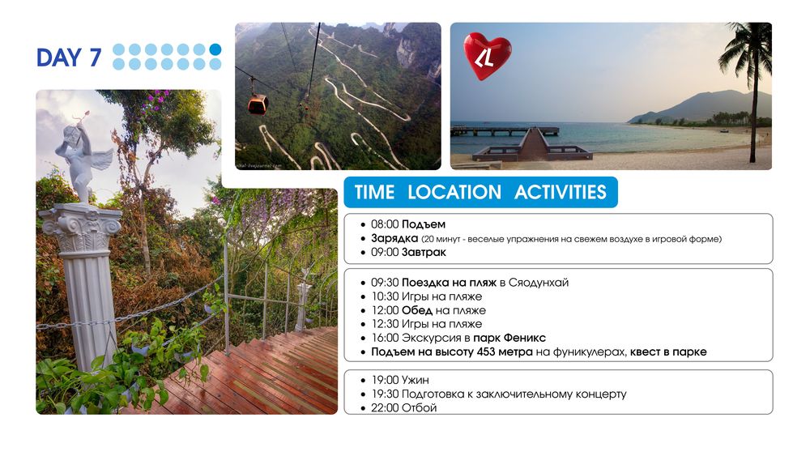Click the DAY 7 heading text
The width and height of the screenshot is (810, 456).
point(69,58)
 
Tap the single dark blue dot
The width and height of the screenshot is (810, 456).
point(215,49)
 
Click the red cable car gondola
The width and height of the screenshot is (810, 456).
point(258,104)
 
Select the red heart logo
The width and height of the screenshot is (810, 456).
point(487,56)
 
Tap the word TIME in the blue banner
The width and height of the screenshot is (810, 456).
point(374,192)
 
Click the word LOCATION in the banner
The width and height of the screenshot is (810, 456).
point(454,192)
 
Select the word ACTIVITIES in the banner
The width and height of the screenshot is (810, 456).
point(560,192)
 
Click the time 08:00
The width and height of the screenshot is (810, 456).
point(385,224)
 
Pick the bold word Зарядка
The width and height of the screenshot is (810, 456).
point(394,239)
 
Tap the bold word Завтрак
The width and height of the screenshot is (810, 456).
point(424,253)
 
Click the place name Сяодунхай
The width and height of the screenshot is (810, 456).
point(539,283)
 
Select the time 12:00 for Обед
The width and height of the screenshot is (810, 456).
point(385,310)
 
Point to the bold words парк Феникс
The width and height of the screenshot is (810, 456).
point(509,339)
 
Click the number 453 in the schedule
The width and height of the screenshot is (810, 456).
point(488,352)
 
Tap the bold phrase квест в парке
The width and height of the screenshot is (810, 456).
point(668,352)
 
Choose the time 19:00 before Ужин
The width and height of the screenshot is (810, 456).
point(385,380)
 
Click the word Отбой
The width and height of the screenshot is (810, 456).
point(419,408)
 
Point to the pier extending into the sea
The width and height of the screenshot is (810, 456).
point(504,131)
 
